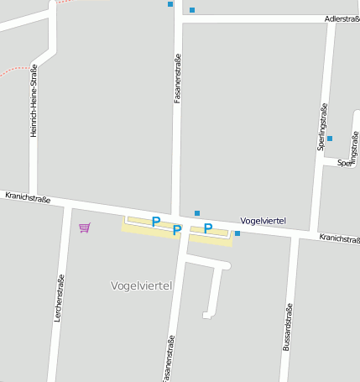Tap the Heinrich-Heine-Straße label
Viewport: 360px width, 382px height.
(34, 101)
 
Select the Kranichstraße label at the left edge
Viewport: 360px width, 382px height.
(28, 198)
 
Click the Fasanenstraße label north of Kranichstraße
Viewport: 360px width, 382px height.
(177, 79)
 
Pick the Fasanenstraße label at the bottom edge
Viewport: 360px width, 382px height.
(169, 358)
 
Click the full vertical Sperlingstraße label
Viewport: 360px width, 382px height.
(321, 126)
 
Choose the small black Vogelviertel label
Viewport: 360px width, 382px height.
(263, 221)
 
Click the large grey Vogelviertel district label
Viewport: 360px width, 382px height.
(141, 285)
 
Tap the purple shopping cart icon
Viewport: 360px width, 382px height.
(84, 228)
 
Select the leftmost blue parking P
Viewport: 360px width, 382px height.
(155, 222)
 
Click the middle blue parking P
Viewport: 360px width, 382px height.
(176, 229)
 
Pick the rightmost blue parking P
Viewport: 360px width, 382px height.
(207, 228)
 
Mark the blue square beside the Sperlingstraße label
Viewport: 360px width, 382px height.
(330, 139)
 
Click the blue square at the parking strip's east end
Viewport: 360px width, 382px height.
(237, 233)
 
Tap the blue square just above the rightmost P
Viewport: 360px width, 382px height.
(197, 213)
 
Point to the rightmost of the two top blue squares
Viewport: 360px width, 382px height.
(192, 10)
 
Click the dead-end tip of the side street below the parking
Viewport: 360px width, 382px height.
(206, 316)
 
